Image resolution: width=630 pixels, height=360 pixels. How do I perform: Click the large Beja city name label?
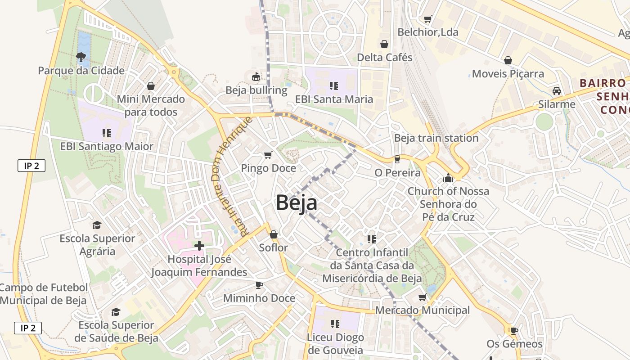tap(296, 202)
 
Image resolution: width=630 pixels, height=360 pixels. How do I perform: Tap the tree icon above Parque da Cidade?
tap(81, 57)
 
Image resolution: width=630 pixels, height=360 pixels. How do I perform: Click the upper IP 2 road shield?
tap(31, 166)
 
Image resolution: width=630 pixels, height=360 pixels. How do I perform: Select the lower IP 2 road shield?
tap(28, 328)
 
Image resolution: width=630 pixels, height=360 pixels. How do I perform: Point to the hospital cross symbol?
tap(199, 246)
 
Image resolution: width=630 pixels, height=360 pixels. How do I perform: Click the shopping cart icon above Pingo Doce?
tap(268, 155)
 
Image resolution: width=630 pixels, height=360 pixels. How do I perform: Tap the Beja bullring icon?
tap(256, 77)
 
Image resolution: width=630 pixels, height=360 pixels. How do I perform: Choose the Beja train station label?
tap(436, 138)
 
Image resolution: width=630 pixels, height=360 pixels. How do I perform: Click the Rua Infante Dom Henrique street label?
tap(231, 176)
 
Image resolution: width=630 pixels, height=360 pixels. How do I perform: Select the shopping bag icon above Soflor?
tap(273, 234)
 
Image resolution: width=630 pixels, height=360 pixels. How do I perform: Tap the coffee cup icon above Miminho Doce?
tap(259, 285)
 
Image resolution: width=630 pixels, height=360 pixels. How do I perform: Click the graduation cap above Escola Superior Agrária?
tap(97, 225)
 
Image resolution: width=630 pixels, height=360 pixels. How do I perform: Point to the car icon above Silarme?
tap(557, 91)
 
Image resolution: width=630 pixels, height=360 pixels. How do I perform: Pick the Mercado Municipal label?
tap(422, 310)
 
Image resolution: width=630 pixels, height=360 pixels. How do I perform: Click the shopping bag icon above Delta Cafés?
tap(384, 44)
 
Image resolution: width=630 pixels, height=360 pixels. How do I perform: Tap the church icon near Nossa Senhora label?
tap(448, 178)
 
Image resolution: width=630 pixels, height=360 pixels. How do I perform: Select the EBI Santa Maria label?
tap(334, 99)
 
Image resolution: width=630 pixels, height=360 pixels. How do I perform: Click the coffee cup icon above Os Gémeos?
tap(514, 331)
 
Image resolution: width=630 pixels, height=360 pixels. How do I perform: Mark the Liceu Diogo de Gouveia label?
tap(335, 344)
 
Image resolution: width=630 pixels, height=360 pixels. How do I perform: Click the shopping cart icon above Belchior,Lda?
tap(427, 19)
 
